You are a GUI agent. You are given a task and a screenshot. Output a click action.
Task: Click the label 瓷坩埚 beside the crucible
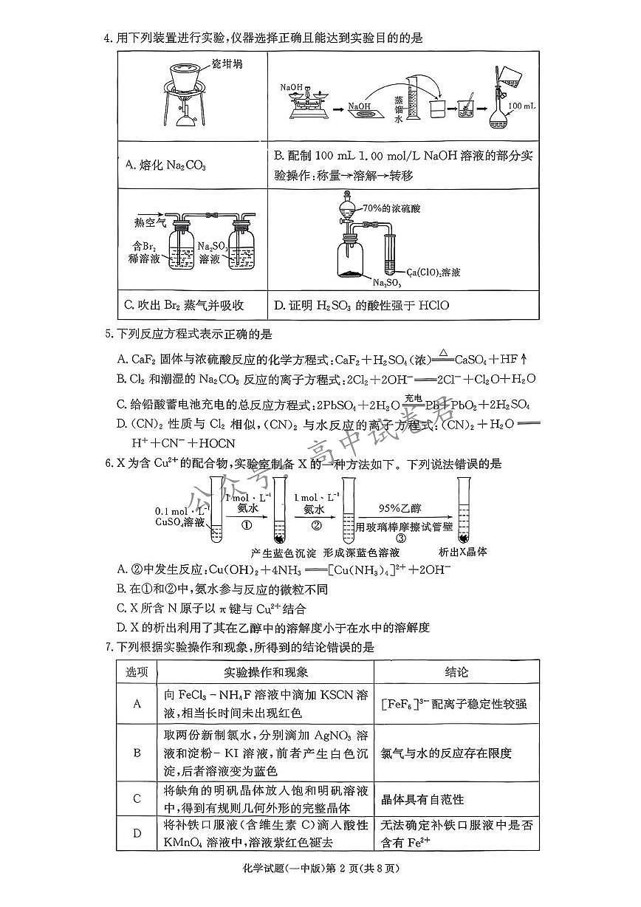click(x=227, y=64)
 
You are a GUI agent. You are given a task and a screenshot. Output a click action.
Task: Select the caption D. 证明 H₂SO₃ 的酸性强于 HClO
click(x=361, y=305)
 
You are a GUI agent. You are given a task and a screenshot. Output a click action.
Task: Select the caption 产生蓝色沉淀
click(x=284, y=552)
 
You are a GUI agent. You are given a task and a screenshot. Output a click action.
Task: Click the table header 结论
click(x=456, y=672)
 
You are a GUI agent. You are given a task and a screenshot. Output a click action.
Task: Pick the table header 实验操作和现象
click(x=266, y=672)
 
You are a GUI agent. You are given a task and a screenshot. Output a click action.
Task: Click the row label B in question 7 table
click(x=137, y=753)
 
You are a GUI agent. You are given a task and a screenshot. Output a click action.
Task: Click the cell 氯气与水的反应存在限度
click(x=445, y=753)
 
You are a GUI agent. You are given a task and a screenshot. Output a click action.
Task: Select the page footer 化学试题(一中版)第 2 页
click(x=320, y=868)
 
